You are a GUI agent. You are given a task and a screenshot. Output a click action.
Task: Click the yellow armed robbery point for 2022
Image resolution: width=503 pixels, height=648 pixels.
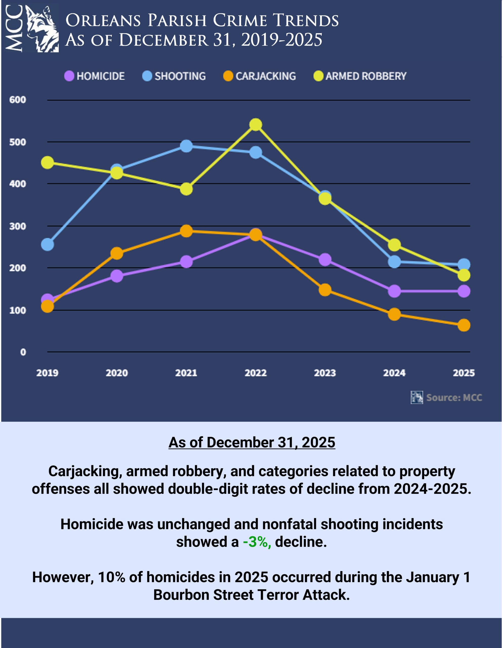(256, 125)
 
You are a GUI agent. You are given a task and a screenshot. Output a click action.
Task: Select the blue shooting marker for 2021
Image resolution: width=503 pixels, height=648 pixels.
(186, 146)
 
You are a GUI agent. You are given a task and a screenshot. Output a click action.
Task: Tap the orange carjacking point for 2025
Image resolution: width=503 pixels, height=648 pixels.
(464, 325)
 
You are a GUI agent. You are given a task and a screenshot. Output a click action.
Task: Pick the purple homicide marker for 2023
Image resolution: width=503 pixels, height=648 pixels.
(325, 260)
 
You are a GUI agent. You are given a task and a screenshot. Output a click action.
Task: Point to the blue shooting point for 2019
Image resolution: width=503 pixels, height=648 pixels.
(48, 245)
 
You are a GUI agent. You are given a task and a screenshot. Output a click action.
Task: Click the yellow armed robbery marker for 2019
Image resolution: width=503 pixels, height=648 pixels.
(48, 163)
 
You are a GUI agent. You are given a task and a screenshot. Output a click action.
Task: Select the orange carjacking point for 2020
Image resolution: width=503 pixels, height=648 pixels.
(117, 253)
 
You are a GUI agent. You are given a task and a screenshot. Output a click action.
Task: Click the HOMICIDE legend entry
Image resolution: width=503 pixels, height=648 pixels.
(95, 76)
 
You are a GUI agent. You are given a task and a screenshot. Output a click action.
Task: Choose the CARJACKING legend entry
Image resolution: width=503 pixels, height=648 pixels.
(260, 76)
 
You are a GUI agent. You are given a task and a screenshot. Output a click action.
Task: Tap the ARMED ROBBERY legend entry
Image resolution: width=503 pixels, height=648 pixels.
(360, 76)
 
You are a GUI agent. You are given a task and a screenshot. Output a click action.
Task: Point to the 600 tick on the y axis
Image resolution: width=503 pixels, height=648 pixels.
(18, 100)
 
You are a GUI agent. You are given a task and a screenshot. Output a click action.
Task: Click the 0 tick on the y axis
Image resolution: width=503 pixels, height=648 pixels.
(23, 352)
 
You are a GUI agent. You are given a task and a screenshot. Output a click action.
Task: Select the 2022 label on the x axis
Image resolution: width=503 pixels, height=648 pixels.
(256, 373)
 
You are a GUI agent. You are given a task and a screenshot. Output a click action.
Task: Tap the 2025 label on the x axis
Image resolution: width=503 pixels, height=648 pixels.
(464, 373)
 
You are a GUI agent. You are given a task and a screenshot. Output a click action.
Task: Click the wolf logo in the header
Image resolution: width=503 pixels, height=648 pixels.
(41, 29)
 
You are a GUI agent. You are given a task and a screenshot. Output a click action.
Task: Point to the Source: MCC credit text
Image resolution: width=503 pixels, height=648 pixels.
(454, 398)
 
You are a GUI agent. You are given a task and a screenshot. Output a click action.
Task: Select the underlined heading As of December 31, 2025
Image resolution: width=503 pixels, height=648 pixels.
(252, 442)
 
